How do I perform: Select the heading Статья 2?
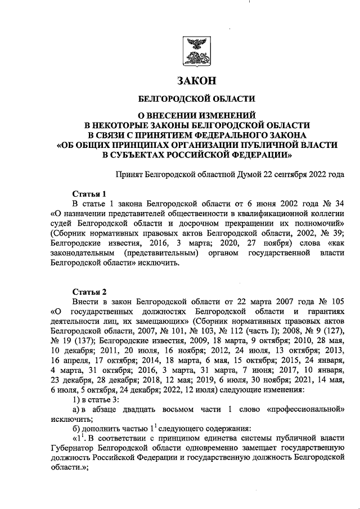tap(89, 291)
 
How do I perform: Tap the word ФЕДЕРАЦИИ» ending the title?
tap(258, 154)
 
